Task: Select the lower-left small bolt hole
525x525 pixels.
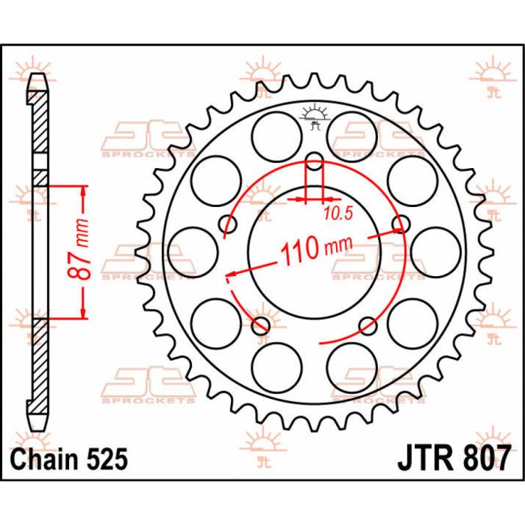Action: [261, 325]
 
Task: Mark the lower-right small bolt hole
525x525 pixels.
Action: [368, 325]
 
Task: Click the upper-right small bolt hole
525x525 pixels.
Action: [403, 223]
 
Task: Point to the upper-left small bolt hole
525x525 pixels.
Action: [228, 223]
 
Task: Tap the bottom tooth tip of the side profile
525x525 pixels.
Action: [40, 424]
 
